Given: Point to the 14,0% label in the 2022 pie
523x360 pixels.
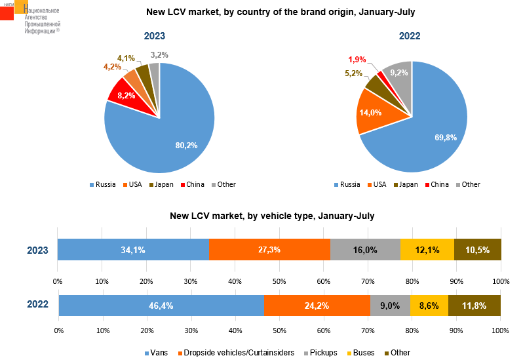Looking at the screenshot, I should [x=371, y=113].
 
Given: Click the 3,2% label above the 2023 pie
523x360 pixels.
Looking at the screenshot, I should [x=159, y=55].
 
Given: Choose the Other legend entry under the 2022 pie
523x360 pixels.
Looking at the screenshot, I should [x=471, y=184].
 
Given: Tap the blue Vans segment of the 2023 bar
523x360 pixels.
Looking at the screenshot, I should [x=133, y=250].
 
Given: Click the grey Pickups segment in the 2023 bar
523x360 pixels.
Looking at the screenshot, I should [x=365, y=250].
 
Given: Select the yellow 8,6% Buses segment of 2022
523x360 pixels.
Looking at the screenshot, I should [x=429, y=306].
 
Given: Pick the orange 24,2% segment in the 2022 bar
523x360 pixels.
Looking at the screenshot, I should [x=317, y=306].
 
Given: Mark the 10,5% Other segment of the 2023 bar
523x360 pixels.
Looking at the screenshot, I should [x=478, y=250].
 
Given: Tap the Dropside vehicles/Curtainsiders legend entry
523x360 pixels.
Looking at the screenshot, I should [x=235, y=353].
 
